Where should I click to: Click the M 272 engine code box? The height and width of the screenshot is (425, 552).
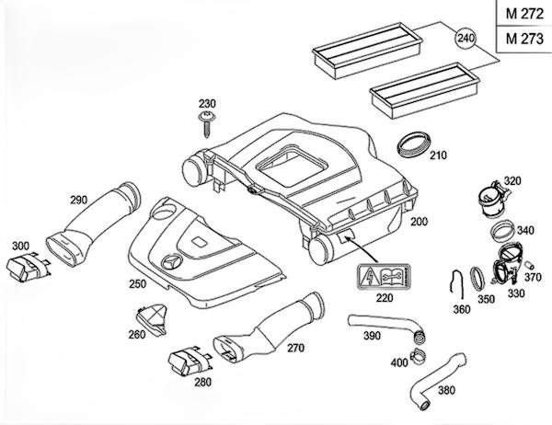[520, 14]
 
